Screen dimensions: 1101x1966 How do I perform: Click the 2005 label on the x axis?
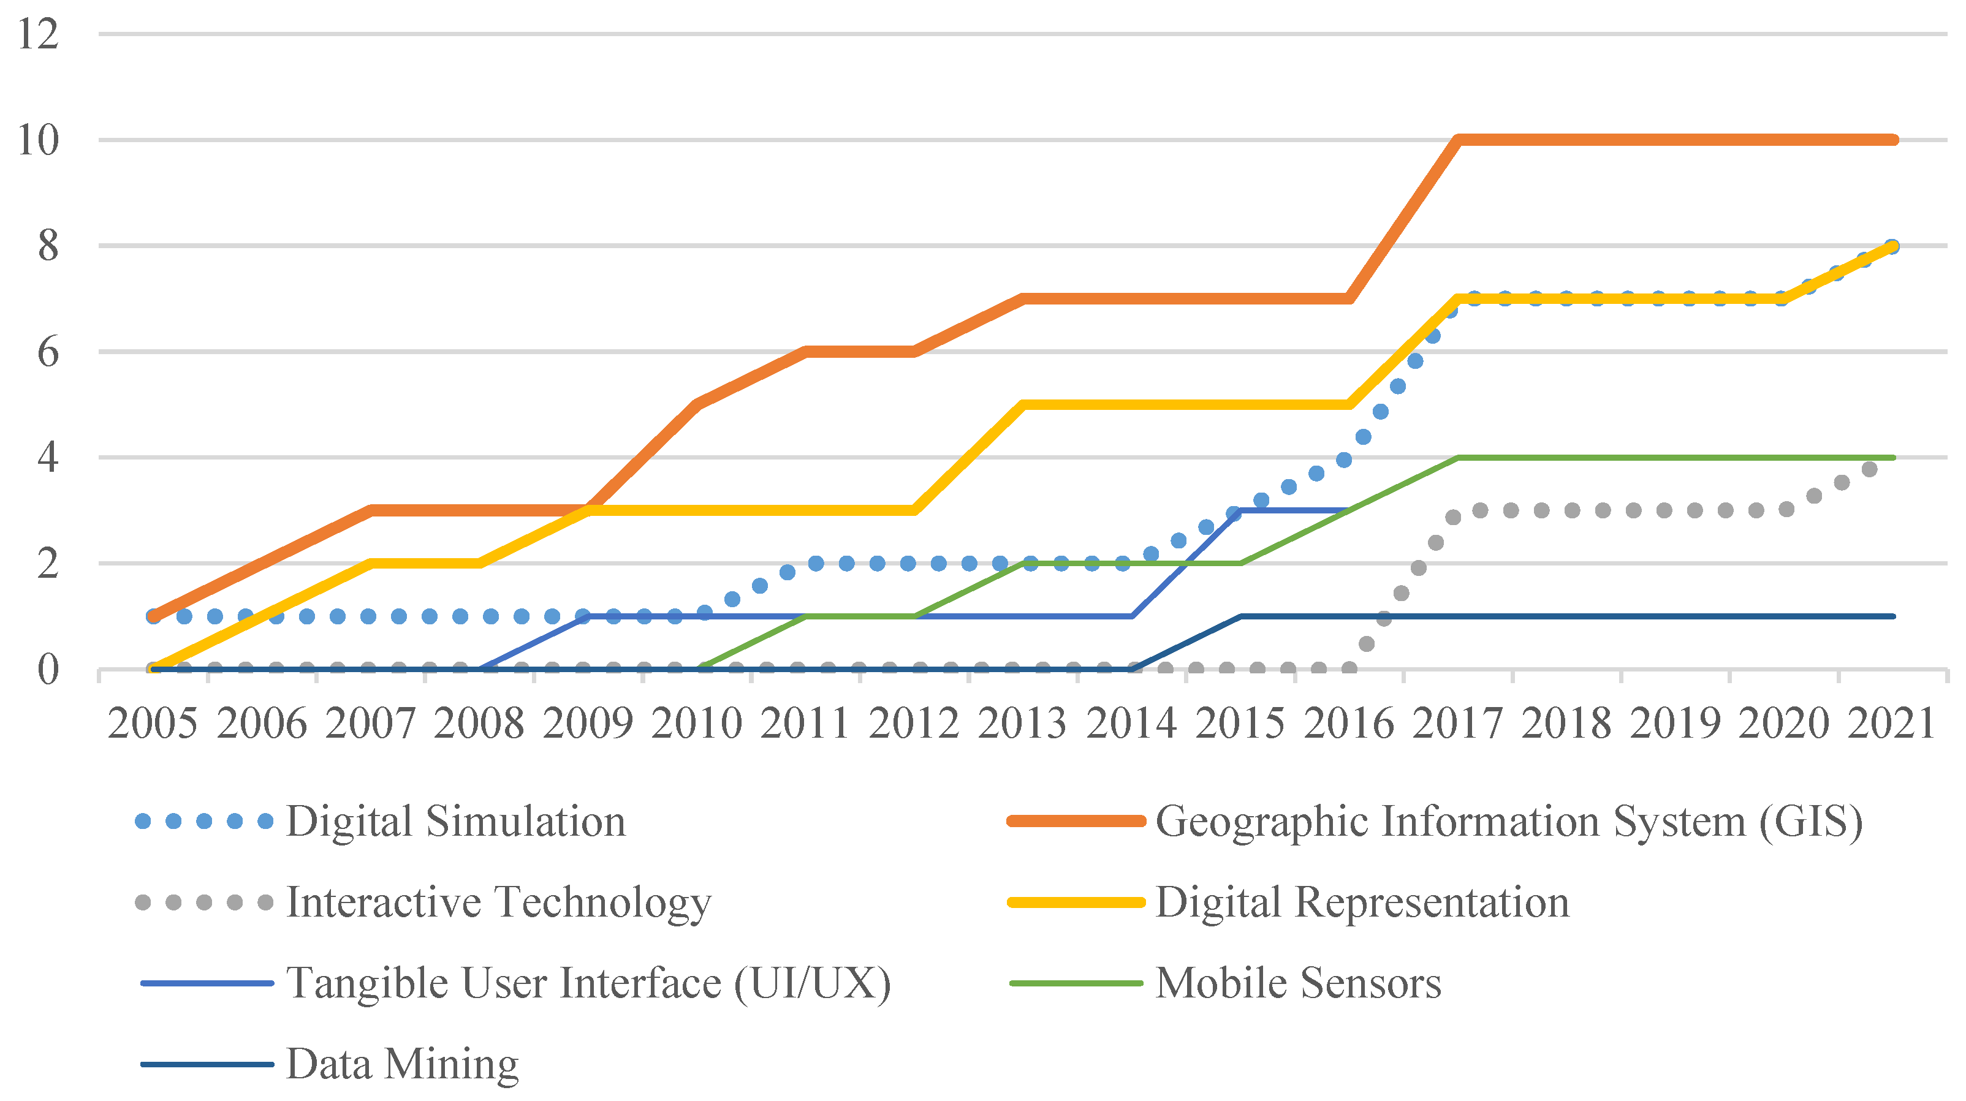coord(153,724)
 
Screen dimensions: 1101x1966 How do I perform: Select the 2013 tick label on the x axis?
coord(1022,724)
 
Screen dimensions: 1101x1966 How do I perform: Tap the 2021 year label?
coord(1891,724)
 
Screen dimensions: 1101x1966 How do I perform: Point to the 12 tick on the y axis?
coord(38,34)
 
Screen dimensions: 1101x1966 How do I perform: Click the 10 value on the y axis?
coord(38,140)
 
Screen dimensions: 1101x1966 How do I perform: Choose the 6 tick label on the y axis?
coord(47,352)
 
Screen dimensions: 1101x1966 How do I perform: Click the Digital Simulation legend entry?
coord(455,822)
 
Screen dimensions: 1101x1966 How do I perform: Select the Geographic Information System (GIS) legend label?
coord(1509,822)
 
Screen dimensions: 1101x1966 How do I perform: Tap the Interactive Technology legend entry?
coord(498,902)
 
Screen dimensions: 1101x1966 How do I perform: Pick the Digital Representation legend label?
coord(1362,902)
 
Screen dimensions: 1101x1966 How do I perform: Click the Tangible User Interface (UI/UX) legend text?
coord(588,983)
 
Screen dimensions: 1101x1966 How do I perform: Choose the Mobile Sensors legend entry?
coord(1298,983)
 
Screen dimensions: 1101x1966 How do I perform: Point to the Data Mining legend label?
coord(402,1064)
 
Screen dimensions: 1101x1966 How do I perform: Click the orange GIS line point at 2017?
coord(1459,140)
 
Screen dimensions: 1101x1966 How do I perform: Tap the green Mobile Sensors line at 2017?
coord(1459,458)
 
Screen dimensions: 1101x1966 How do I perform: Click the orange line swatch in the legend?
coord(1076,822)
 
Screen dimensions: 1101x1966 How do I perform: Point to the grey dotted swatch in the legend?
coord(204,902)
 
